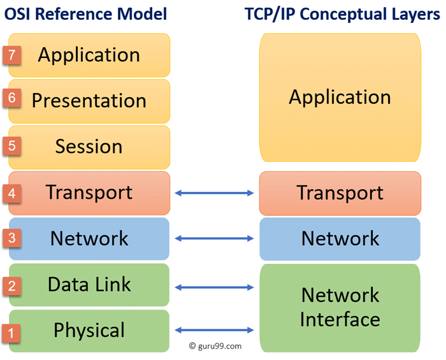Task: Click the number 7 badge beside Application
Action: pyautogui.click(x=12, y=55)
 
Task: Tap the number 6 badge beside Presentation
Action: pyautogui.click(x=12, y=99)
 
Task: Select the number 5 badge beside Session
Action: pyautogui.click(x=12, y=146)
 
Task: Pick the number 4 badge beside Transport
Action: pyautogui.click(x=12, y=192)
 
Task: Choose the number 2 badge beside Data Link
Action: pyautogui.click(x=12, y=285)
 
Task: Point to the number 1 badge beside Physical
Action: pyautogui.click(x=12, y=332)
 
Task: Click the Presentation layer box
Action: pyautogui.click(x=89, y=101)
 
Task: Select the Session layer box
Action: pyautogui.click(x=89, y=147)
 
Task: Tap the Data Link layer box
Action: pyautogui.click(x=89, y=285)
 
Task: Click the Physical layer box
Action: pyautogui.click(x=89, y=331)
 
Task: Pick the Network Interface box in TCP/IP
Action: pyautogui.click(x=340, y=307)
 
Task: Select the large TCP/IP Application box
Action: pyautogui.click(x=340, y=97)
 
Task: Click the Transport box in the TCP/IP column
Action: pyautogui.click(x=340, y=193)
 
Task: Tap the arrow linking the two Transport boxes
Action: pyautogui.click(x=214, y=192)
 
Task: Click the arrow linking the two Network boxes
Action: pyautogui.click(x=214, y=239)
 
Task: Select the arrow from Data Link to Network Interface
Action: pyautogui.click(x=214, y=287)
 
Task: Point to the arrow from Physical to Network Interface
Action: pyautogui.click(x=214, y=330)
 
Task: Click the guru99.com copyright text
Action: pyautogui.click(x=215, y=347)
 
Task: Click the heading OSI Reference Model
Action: pyautogui.click(x=86, y=14)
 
